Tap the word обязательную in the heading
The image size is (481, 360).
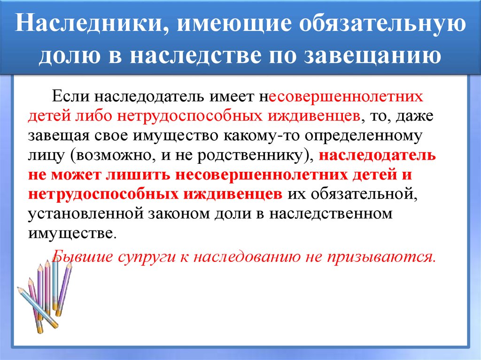382,23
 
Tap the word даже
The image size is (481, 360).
415,116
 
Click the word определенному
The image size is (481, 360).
364,136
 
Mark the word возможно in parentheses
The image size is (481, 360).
116,156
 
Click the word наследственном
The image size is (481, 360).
331,214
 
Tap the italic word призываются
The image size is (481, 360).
381,257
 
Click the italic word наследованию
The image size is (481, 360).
247,257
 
